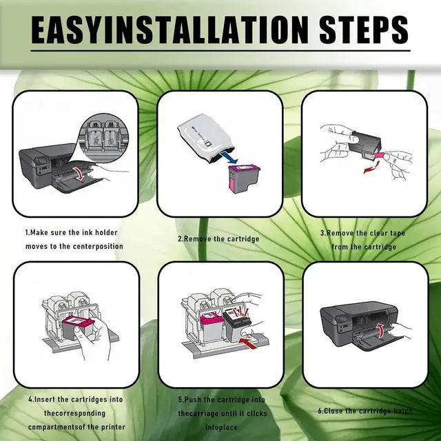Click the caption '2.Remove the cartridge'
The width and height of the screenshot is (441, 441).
click(x=218, y=238)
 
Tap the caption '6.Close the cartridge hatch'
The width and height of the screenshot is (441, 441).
click(x=365, y=411)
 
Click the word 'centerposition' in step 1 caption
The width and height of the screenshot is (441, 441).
click(x=90, y=246)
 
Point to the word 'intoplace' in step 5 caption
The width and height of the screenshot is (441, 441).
click(x=196, y=425)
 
